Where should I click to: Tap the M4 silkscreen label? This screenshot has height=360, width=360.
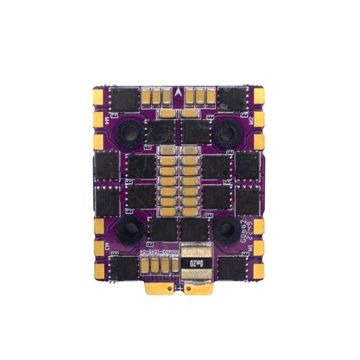pos(107,120)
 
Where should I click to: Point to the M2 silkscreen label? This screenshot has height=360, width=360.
pos(251,120)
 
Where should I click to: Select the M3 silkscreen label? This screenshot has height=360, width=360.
pos(107,247)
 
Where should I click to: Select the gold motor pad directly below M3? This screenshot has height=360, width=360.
pos(99,270)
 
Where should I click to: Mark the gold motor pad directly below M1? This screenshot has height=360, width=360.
pos(259,270)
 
